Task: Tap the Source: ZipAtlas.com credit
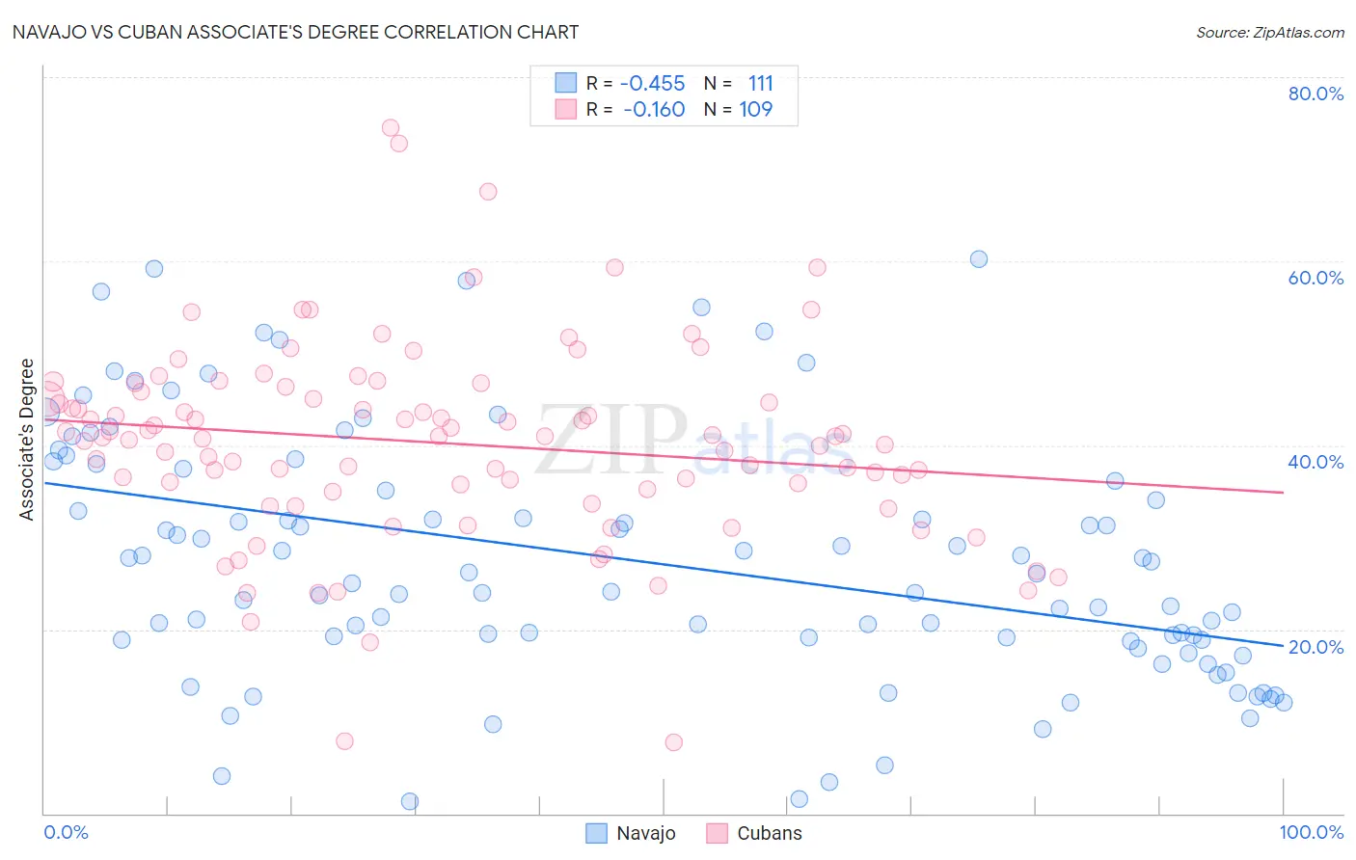coord(1269,32)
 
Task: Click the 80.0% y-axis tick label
coord(1315,94)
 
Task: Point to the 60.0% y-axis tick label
coord(1315,278)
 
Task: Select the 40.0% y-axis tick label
coord(1315,462)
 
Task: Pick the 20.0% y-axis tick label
coord(1315,647)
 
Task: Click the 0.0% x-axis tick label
coord(66,832)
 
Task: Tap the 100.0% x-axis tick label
coord(1311,832)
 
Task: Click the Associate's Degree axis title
coord(27,440)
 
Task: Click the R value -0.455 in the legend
coord(653,84)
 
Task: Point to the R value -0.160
coord(655,110)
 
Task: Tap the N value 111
coord(760,84)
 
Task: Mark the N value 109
coord(756,110)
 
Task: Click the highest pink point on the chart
coord(391,128)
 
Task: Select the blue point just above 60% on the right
coord(979,259)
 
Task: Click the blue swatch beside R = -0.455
coord(565,83)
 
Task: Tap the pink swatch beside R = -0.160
coord(565,109)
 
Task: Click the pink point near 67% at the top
coord(488,192)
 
